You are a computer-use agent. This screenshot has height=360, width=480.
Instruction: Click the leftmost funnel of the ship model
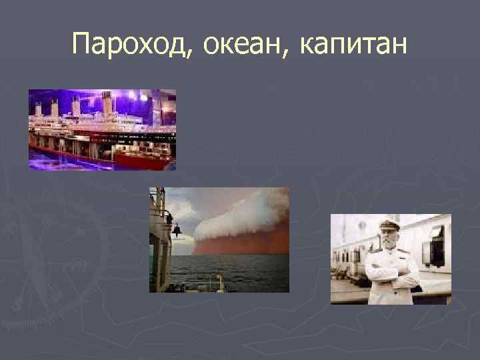[39, 109]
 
